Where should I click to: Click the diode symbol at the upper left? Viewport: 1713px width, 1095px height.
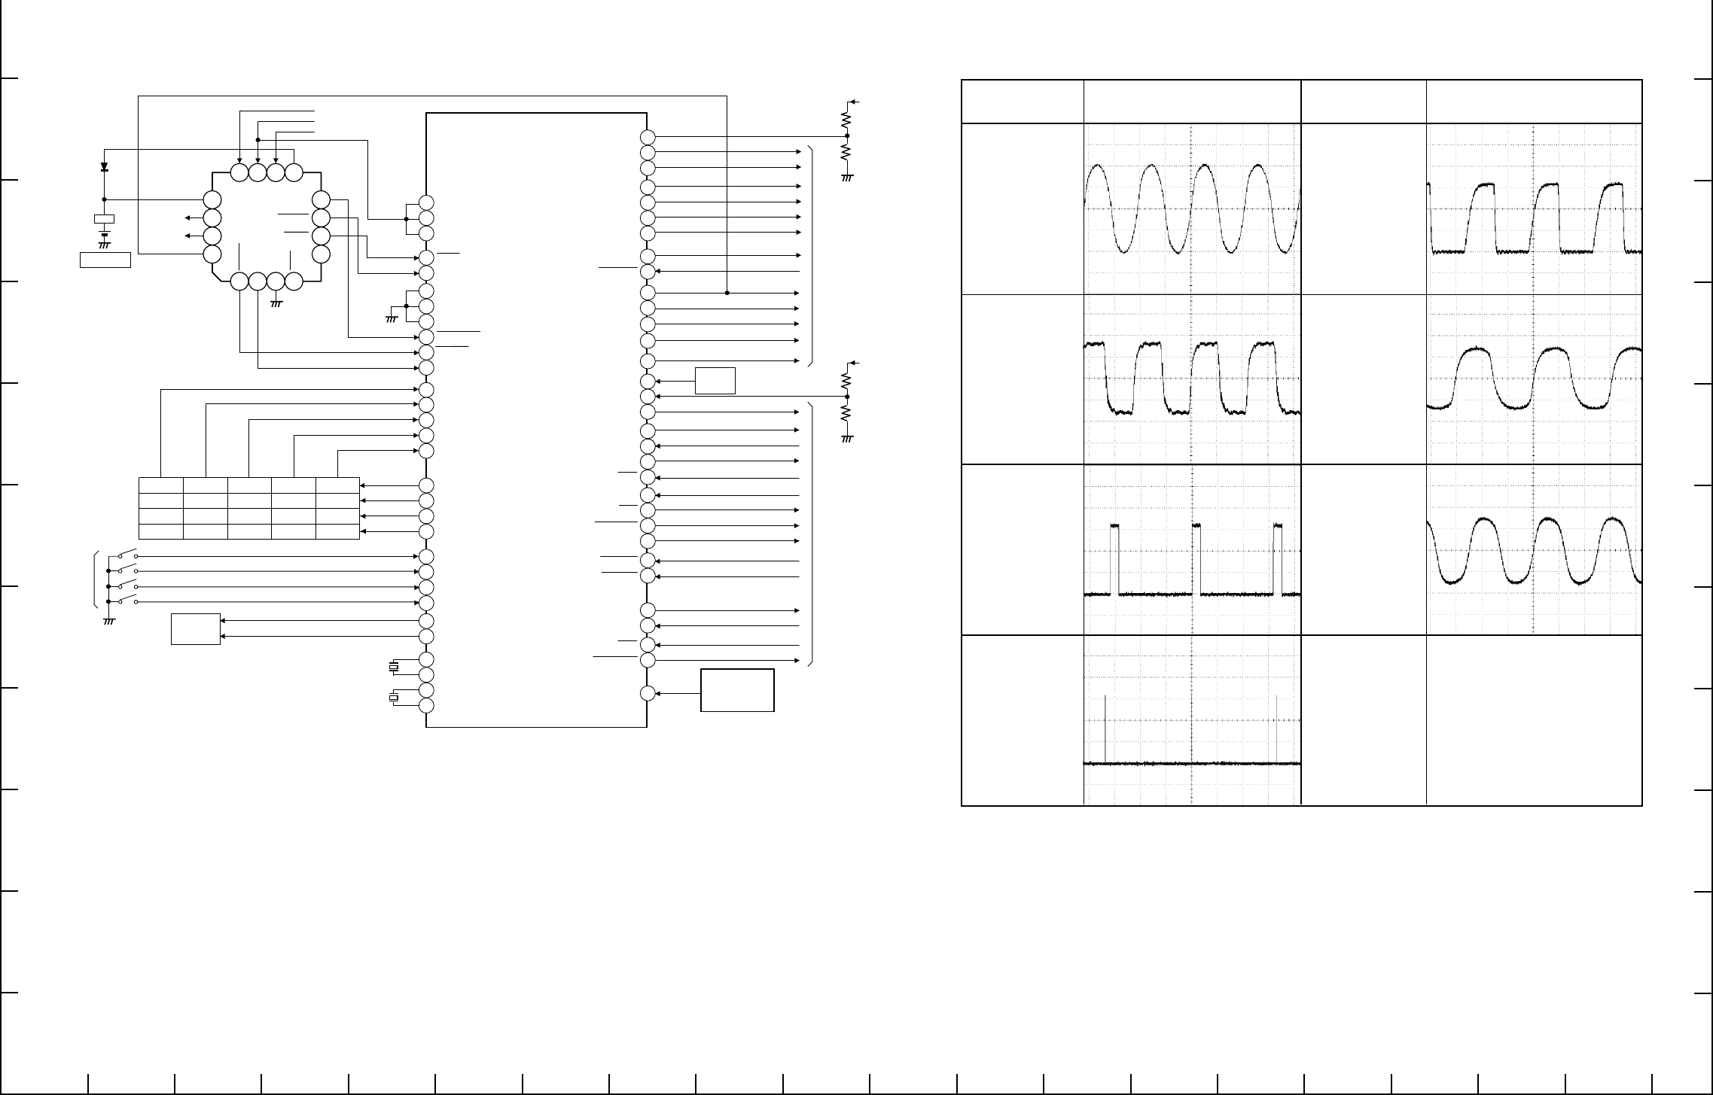(x=104, y=167)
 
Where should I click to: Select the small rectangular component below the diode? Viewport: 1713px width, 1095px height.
(x=104, y=219)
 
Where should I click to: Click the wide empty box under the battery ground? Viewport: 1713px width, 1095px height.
(x=105, y=260)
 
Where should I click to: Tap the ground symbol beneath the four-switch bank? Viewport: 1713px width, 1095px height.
(x=108, y=621)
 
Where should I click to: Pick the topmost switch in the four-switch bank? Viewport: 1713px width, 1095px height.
(x=127, y=554)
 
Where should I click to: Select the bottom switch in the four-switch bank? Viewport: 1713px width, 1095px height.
(x=127, y=600)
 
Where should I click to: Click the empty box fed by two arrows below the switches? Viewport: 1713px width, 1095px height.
(x=196, y=629)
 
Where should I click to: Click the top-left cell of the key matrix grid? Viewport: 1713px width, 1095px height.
(x=161, y=485)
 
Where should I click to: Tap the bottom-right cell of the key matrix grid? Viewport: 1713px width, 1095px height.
(x=337, y=531)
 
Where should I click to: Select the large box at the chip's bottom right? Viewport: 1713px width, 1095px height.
(x=737, y=689)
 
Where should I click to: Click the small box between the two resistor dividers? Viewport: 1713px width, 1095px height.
(x=715, y=381)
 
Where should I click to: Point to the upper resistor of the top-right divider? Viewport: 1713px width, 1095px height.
(x=847, y=118)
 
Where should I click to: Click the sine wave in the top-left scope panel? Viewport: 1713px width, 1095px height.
(x=1192, y=208)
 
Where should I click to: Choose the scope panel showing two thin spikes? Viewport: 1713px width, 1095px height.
(x=1192, y=720)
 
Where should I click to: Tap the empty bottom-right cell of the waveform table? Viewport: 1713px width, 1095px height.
(x=1533, y=720)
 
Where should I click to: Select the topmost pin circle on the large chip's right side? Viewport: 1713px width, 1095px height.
(x=648, y=137)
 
